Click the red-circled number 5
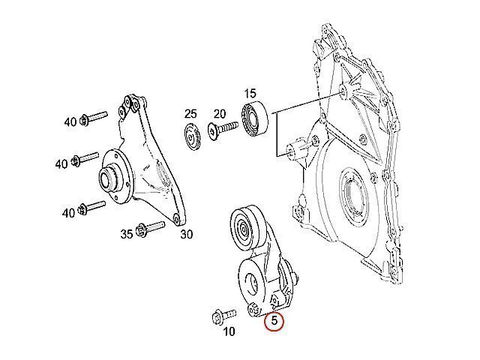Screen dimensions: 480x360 pyautogui.click(x=274, y=320)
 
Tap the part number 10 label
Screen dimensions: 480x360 pyautogui.click(x=229, y=331)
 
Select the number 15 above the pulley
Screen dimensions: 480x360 pyautogui.click(x=250, y=94)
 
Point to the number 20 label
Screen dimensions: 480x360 pyautogui.click(x=220, y=114)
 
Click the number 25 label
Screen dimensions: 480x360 pyautogui.click(x=190, y=114)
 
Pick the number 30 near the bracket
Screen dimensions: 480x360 pyautogui.click(x=187, y=235)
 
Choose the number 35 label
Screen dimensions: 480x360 pyautogui.click(x=127, y=235)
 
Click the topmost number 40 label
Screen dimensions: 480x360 pyautogui.click(x=70, y=121)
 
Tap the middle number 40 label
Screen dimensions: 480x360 pyautogui.click(x=61, y=164)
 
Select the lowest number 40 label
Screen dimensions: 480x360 pyautogui.click(x=68, y=213)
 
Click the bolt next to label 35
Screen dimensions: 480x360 pyautogui.click(x=151, y=228)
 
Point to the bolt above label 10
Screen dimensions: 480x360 pyautogui.click(x=224, y=316)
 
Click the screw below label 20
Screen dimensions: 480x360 pyautogui.click(x=223, y=130)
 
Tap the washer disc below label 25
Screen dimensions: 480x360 pyautogui.click(x=193, y=137)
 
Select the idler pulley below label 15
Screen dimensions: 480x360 pyautogui.click(x=255, y=118)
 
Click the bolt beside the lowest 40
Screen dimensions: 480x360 pyautogui.click(x=92, y=207)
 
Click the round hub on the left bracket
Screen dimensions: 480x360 pyautogui.click(x=115, y=177)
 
